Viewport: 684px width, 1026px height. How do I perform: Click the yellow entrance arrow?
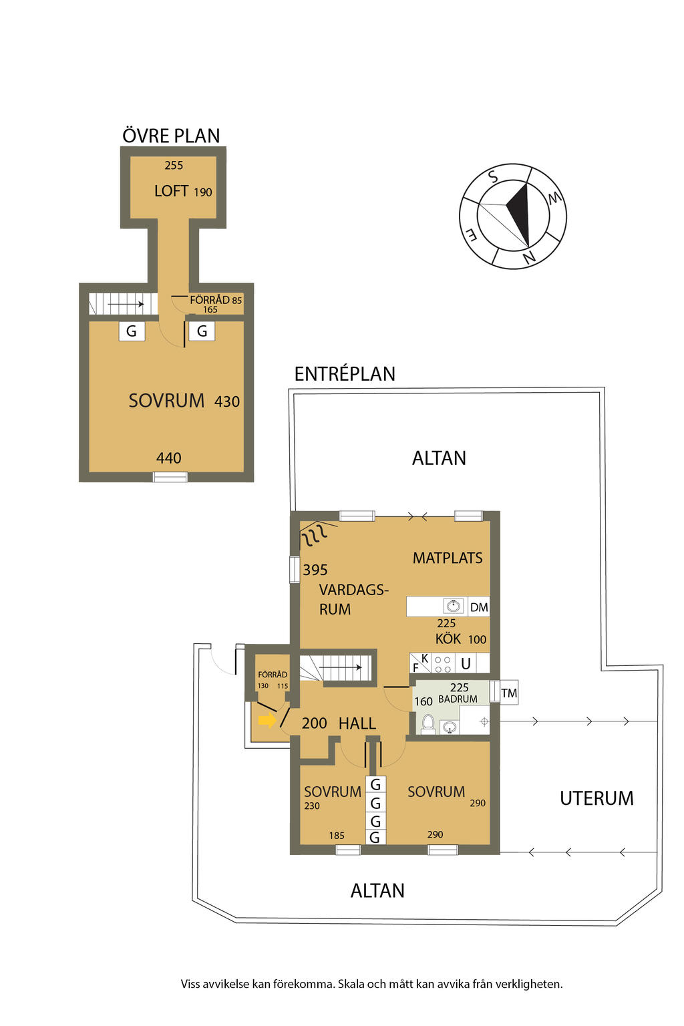(267, 721)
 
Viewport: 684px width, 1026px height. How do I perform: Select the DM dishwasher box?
(479, 607)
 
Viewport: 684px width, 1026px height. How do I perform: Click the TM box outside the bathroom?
(508, 693)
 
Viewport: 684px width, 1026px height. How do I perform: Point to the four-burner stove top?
(443, 664)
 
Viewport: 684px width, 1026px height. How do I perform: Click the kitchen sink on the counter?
(454, 606)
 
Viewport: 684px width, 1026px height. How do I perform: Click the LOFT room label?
(172, 190)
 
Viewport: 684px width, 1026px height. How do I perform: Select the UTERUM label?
(596, 798)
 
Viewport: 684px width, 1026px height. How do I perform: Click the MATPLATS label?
(448, 558)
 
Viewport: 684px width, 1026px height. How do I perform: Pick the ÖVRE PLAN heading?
(172, 136)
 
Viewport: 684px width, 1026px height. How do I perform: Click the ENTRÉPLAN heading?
(345, 374)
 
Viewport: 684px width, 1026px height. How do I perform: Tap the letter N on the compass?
(530, 257)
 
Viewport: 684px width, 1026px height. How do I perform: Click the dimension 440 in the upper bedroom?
(168, 458)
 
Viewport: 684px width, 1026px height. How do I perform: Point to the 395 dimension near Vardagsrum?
(315, 570)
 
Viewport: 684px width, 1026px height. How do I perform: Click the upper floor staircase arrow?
(126, 304)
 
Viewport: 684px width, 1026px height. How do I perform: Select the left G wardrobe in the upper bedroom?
(132, 331)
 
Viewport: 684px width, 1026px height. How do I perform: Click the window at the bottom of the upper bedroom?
(170, 478)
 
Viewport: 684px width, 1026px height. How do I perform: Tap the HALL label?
(357, 723)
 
